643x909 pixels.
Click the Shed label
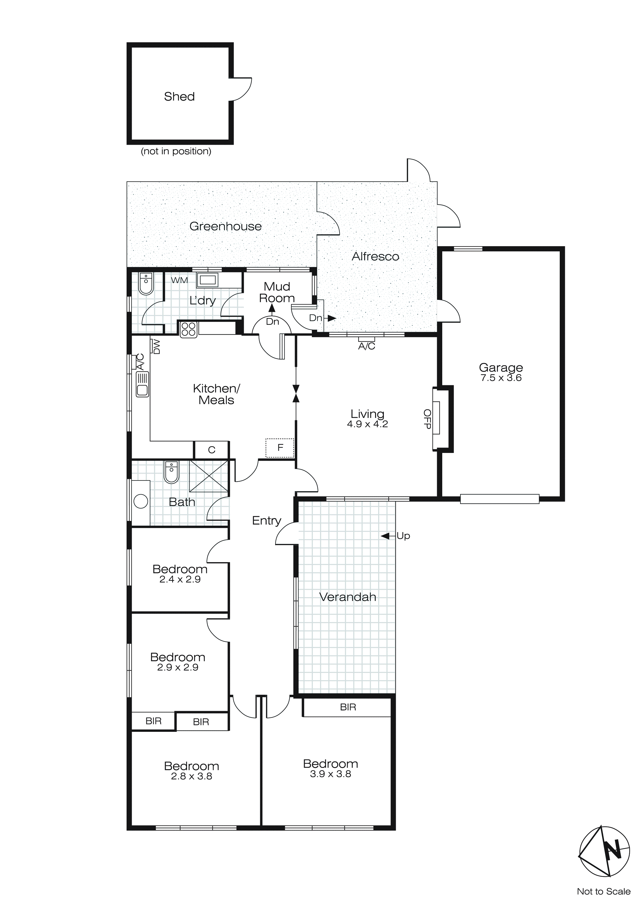tap(179, 97)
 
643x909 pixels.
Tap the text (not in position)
tap(176, 151)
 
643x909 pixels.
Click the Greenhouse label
tap(225, 226)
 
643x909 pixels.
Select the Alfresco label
tap(375, 257)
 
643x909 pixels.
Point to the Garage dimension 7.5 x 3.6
tap(501, 378)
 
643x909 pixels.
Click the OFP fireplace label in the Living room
tap(427, 419)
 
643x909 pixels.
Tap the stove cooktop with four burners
tap(189, 329)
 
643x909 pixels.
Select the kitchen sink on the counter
tap(142, 384)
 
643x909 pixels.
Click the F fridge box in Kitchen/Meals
tap(280, 448)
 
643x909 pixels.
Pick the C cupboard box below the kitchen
tap(211, 450)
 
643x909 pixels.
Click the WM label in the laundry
tap(179, 280)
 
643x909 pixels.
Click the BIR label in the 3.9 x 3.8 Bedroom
tap(348, 707)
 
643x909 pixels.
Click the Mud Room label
tap(277, 292)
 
